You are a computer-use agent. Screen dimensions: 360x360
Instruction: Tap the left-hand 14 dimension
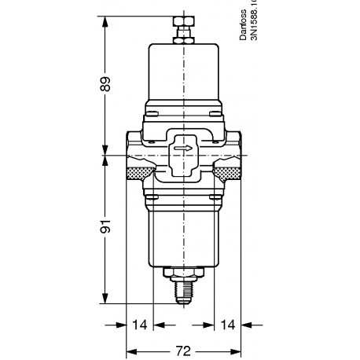pos(139,324)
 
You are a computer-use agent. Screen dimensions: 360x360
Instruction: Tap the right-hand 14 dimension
pos(226,324)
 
